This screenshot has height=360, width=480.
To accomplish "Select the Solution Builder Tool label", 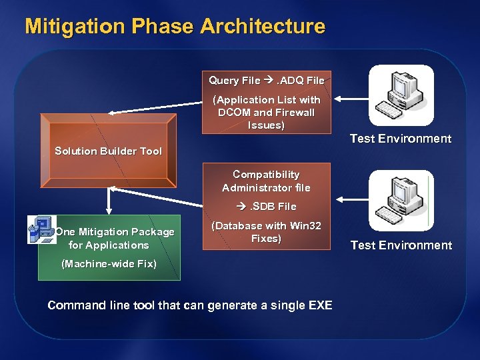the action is coord(108,151).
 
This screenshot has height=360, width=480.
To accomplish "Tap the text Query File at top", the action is coord(234,80).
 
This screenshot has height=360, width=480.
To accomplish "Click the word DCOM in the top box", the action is coord(233,113).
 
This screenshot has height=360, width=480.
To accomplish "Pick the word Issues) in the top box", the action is coord(266,125).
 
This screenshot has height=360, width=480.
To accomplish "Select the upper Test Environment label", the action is coord(401,139).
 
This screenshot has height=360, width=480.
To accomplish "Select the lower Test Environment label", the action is coord(401,245).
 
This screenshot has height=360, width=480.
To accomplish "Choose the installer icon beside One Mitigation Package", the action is coord(41,229).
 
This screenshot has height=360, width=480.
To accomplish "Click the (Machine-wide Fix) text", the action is coord(109,264).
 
